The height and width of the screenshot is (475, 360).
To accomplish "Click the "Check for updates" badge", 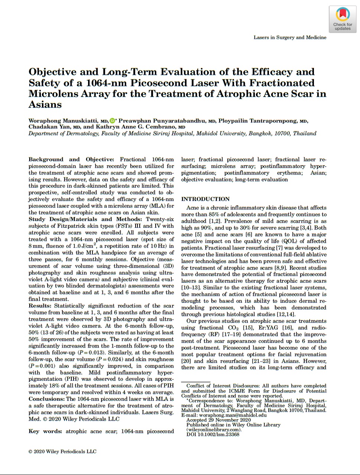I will tap(343, 20).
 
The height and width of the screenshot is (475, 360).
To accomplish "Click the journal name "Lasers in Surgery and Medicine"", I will tap(290, 38).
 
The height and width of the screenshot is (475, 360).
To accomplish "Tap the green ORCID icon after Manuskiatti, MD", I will tap(113, 121).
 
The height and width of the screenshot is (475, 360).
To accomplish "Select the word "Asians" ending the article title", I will tap(45, 105).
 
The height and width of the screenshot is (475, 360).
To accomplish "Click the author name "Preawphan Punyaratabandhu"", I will tap(162, 121).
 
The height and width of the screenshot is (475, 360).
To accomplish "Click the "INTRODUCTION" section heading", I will tap(205, 199).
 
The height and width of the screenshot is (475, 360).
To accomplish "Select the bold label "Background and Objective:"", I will tap(71, 159).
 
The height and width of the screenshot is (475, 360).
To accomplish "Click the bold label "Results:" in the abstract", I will tap(40, 306).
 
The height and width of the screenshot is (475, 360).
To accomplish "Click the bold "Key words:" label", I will tap(45, 431).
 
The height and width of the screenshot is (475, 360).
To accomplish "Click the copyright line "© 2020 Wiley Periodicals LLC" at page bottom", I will tap(62, 452).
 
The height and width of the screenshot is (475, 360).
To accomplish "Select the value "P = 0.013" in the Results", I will tap(89, 352).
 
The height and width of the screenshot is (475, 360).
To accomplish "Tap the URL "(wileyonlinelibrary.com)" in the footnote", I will tap(214, 430).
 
